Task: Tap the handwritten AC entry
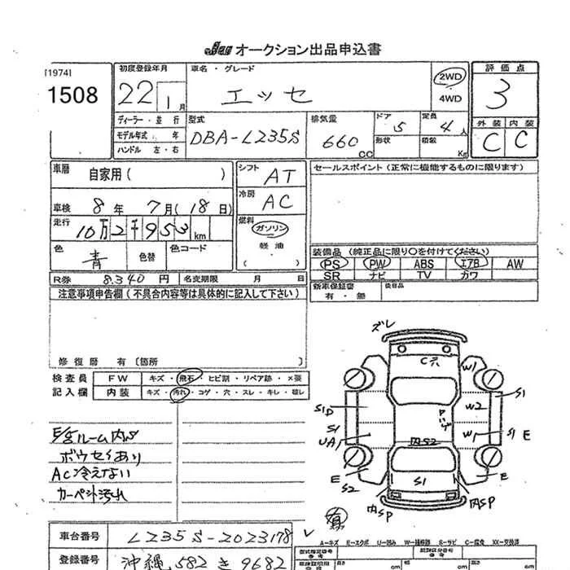click(x=278, y=203)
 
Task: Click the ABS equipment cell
click(x=423, y=265)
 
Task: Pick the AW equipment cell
click(x=514, y=265)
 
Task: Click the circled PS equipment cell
click(x=331, y=265)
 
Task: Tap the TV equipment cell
click(x=423, y=276)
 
